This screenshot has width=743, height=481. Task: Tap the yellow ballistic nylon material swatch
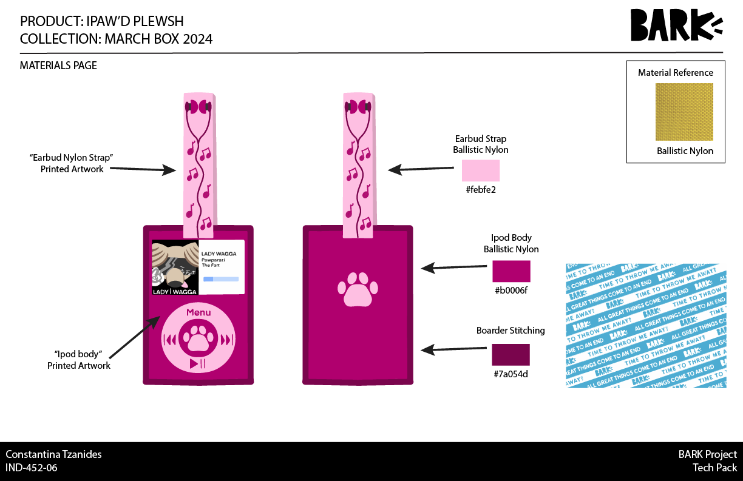684,112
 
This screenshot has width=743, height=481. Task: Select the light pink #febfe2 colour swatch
481,170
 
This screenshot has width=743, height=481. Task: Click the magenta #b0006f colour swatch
511,271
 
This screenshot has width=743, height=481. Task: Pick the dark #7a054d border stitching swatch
511,355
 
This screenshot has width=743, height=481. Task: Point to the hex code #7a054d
511,374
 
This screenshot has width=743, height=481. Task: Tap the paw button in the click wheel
198,339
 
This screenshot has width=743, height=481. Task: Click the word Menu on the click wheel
198,313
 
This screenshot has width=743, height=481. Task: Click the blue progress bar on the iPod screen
221,280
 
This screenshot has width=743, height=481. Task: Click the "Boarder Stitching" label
511,331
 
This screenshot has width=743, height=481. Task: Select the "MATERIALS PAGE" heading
58,66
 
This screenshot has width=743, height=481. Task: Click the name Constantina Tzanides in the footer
53,454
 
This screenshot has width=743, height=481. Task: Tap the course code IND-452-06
32,468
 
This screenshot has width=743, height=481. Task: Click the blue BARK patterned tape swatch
646,326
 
